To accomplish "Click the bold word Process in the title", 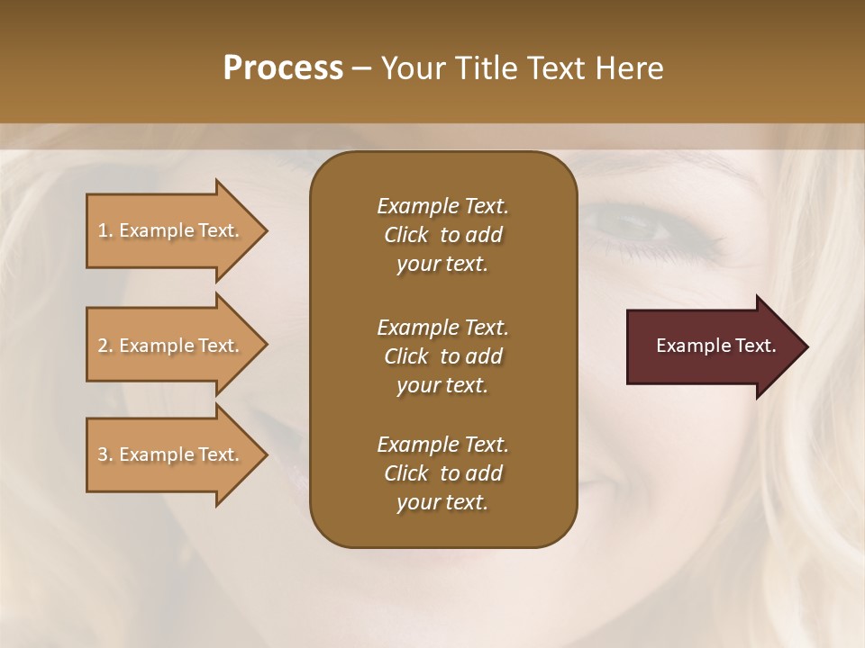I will pos(283,68).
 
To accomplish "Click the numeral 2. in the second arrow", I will pos(105,346).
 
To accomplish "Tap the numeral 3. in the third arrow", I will pos(105,454).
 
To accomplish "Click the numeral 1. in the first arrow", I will pos(105,230).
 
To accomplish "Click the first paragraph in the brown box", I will pos(442,235).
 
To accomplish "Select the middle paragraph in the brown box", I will pos(442,356).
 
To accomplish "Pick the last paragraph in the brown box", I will pos(442,473).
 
